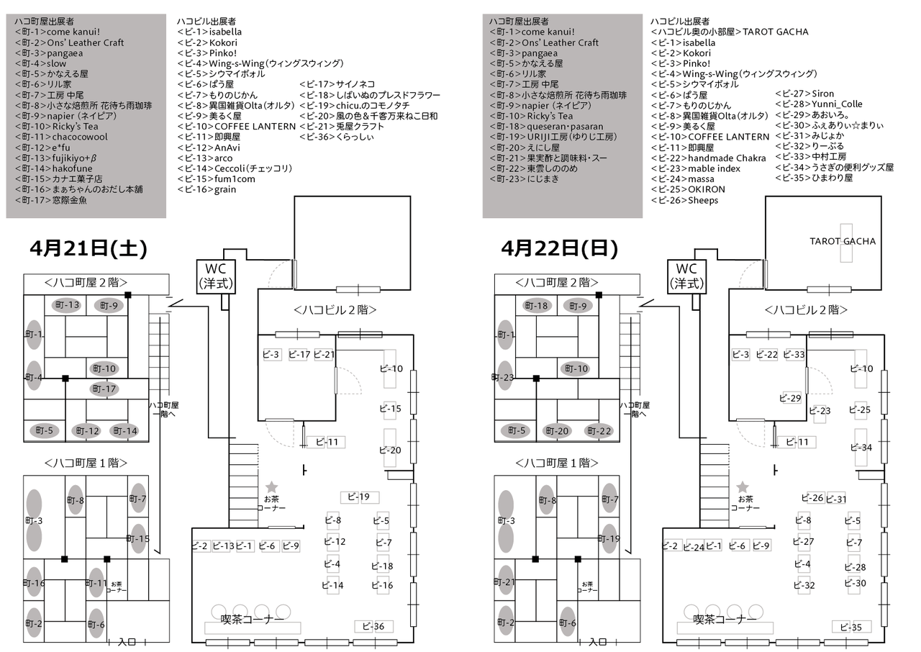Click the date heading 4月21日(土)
(x=89, y=249)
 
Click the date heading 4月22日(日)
(x=559, y=249)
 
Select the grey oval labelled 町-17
(x=104, y=389)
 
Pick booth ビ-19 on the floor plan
(x=359, y=497)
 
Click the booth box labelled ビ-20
(x=391, y=450)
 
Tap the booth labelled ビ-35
(x=851, y=627)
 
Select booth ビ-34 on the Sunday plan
(x=861, y=447)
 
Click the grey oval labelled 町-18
(x=537, y=306)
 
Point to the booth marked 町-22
(x=599, y=431)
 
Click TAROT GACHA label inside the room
(x=843, y=241)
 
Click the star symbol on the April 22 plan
(x=743, y=487)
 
